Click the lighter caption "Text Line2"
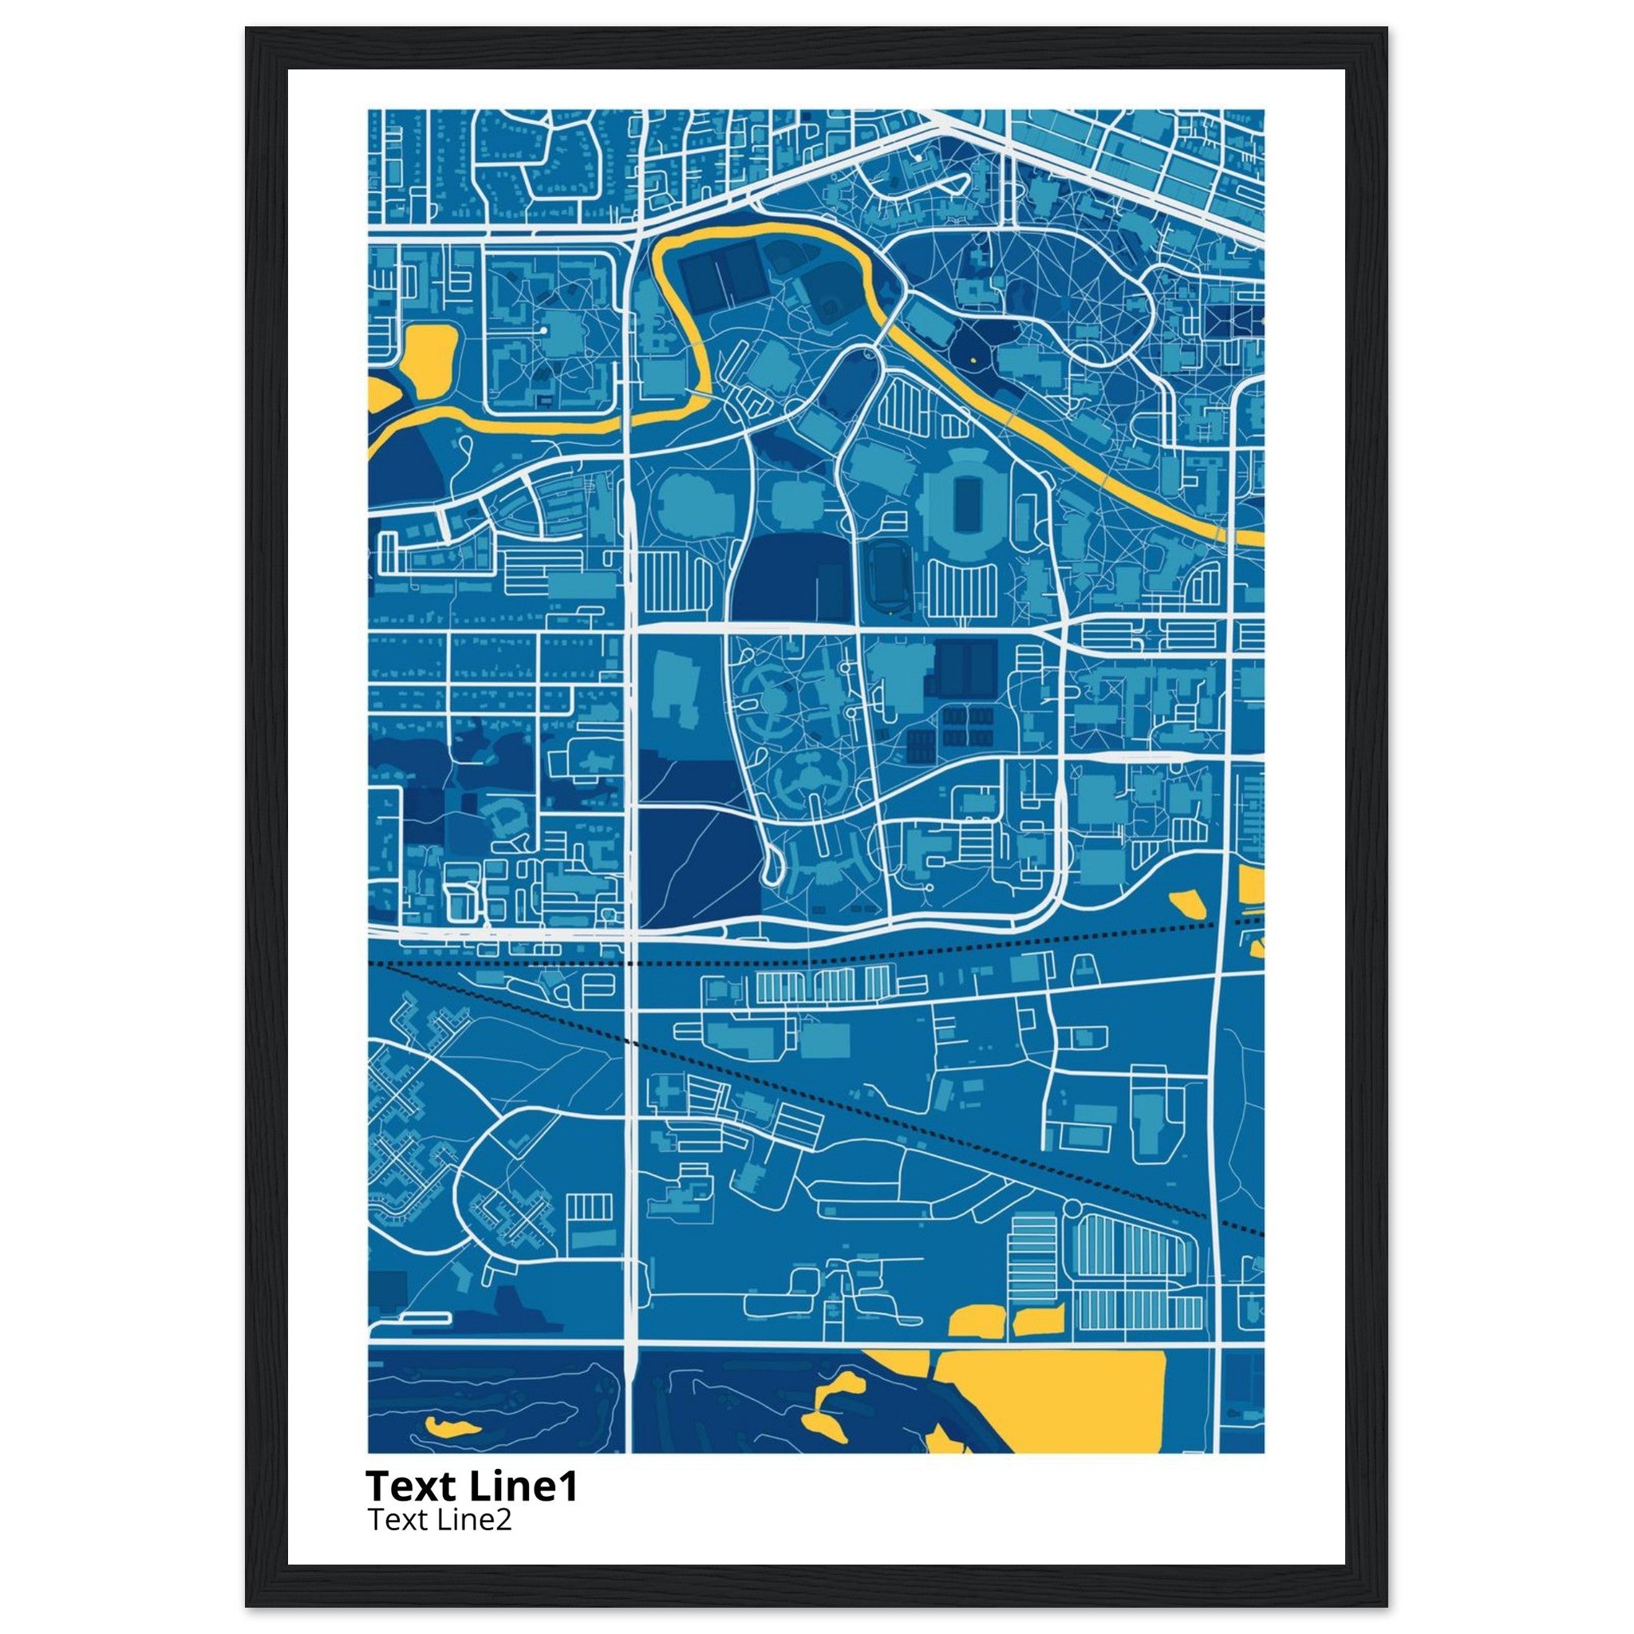(x=439, y=1520)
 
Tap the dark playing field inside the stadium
(x=962, y=504)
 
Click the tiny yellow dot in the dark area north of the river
(x=973, y=361)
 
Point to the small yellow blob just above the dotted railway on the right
(x=1186, y=902)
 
